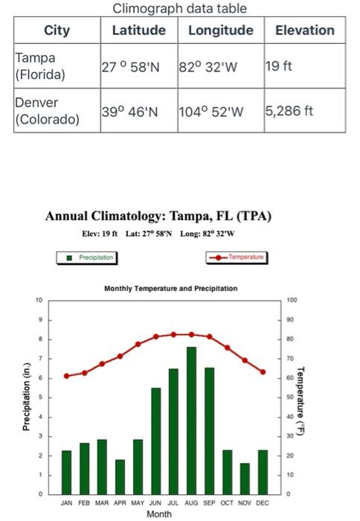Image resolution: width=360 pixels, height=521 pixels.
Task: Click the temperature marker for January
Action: coord(66,376)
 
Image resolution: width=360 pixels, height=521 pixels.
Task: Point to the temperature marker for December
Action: coord(263,372)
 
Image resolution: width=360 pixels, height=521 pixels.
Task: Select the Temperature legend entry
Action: coord(236,258)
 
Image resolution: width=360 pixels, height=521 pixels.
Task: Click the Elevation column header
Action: coord(304,31)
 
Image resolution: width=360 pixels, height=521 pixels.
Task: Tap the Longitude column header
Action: coord(220,31)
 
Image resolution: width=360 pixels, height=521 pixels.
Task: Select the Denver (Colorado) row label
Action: coord(47,111)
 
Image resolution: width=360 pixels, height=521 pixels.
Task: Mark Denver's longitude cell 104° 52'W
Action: coord(210,112)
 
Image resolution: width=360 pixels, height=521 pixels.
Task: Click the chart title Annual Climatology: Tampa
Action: coord(158,217)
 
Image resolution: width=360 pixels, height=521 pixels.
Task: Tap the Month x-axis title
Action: coord(158,514)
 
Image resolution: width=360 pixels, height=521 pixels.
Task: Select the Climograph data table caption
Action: coord(179,8)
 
